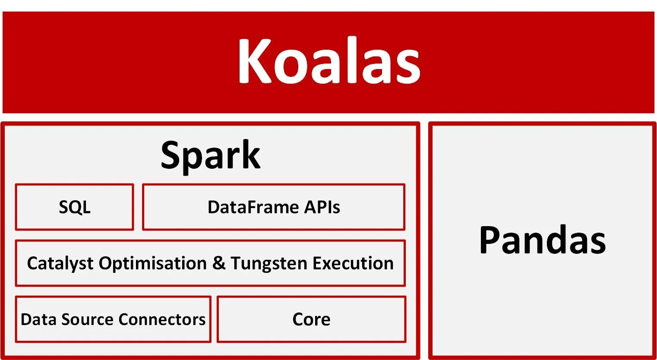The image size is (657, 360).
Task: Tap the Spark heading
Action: point(210,155)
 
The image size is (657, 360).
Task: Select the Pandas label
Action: point(542,240)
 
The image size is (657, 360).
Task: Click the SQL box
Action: point(74,207)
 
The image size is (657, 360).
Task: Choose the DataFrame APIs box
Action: point(274,207)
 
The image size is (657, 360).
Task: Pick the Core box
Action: point(311,319)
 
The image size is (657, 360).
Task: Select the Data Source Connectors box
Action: point(113,319)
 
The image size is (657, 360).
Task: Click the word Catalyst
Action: point(60,263)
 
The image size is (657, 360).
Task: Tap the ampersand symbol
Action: point(219,263)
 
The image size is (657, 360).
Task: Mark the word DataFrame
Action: point(253,207)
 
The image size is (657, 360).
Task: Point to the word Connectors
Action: point(162,319)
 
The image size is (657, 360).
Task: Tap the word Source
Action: point(88,319)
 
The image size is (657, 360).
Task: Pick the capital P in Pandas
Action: point(493,240)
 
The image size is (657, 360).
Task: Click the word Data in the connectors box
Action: point(39,319)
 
